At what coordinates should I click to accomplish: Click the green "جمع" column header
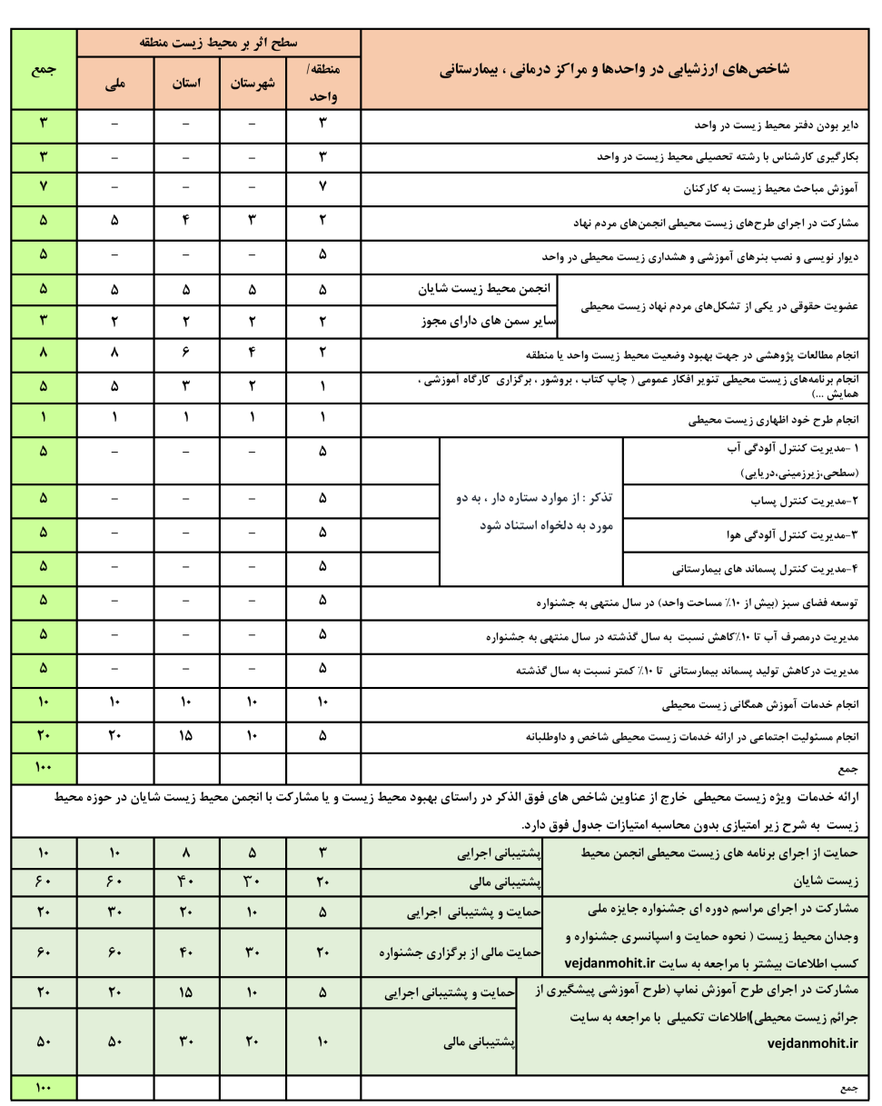(44, 70)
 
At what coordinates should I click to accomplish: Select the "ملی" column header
(114, 83)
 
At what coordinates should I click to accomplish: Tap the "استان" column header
(185, 83)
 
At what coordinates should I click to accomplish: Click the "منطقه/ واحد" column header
(323, 83)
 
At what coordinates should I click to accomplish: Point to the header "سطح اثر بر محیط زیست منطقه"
(218, 43)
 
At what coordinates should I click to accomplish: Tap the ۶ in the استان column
(185, 354)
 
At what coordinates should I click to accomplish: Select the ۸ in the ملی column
(114, 354)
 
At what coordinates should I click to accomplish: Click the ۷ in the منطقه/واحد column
(323, 189)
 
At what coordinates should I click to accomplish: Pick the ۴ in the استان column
(185, 221)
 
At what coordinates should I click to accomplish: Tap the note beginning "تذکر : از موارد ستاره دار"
(533, 511)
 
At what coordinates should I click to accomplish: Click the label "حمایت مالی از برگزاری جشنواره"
(458, 952)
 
